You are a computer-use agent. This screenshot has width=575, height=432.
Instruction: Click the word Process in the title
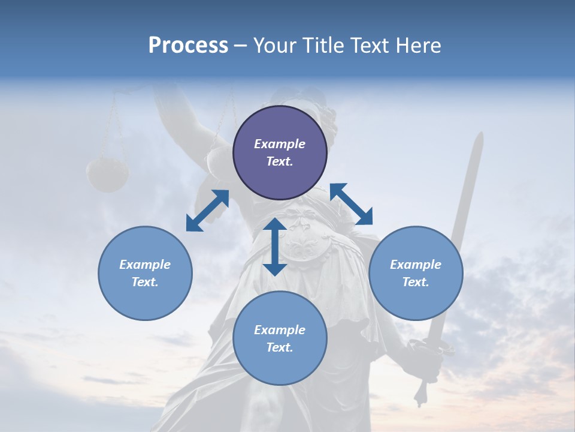coord(188,46)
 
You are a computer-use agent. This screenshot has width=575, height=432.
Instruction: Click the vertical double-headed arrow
coord(275,247)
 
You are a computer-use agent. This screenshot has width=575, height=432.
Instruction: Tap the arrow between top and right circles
coord(352,204)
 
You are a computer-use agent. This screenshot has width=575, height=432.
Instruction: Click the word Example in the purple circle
coord(280,144)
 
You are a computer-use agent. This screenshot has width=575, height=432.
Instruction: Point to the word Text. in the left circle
coord(145,282)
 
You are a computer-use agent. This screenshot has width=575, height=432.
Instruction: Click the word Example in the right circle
coord(416,265)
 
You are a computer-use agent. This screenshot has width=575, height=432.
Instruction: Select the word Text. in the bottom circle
coord(280,347)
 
